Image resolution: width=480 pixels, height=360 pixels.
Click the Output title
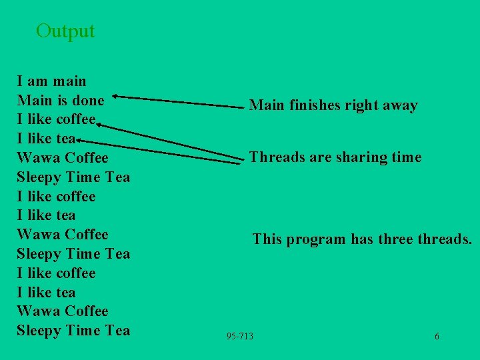65,31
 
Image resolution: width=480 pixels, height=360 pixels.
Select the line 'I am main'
51,81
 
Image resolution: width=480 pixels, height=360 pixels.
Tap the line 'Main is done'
60,101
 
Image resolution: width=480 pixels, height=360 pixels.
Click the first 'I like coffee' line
56,120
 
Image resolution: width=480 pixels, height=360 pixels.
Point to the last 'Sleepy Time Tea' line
73,331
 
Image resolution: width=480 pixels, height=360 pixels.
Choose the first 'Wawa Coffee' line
62,158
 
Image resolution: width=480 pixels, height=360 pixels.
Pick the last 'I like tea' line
46,292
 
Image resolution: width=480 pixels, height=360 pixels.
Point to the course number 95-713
240,336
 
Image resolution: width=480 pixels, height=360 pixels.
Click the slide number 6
437,336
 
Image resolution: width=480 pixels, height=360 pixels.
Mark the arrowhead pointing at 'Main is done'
117,97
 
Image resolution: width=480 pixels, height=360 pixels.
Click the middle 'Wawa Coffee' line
62,235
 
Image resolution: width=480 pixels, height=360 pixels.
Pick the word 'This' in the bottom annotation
267,239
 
